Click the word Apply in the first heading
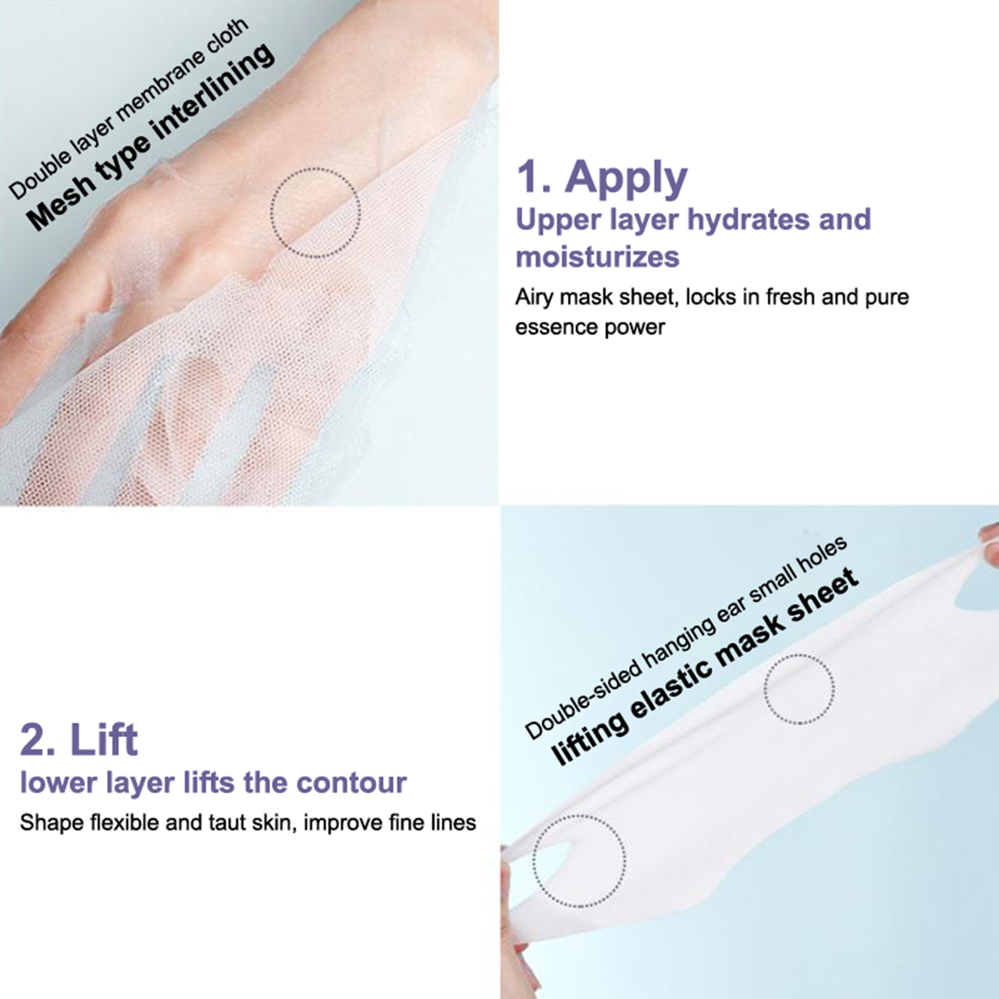[x=626, y=179]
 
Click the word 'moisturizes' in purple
[x=598, y=257]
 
